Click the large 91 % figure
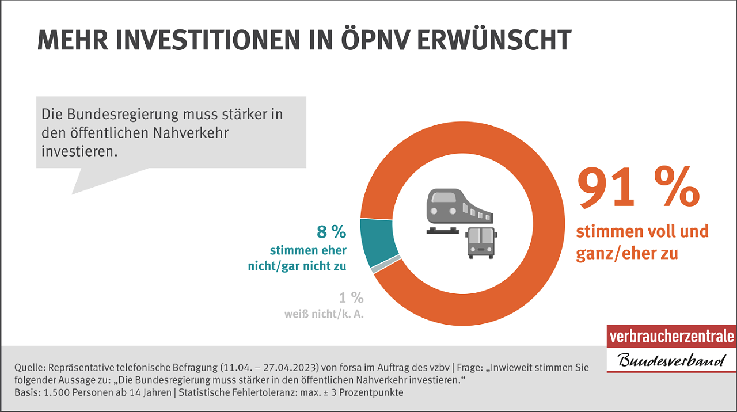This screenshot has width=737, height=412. [x=638, y=188]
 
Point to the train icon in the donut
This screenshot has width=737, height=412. [x=459, y=209]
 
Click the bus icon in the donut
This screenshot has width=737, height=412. [x=481, y=242]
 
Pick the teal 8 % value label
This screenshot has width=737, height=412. [x=331, y=232]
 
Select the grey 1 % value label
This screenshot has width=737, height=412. [x=351, y=297]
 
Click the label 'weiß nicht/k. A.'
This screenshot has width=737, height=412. [x=324, y=314]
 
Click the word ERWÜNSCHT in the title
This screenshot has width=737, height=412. [x=506, y=40]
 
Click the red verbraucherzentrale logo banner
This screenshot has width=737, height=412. [x=671, y=336]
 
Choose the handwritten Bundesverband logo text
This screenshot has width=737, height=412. [x=671, y=361]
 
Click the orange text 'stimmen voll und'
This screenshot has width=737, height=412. [x=642, y=231]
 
